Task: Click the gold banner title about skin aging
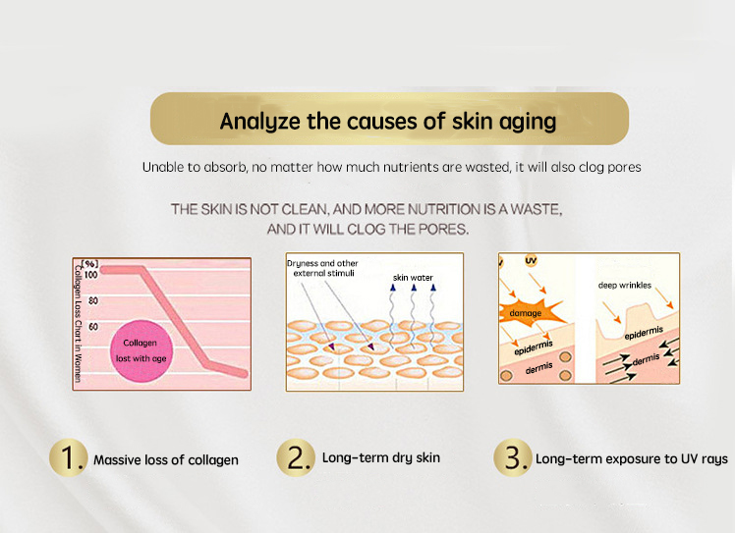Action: pos(388,121)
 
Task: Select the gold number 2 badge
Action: pos(294,458)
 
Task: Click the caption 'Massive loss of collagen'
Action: pos(166,459)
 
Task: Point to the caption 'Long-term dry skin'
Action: pos(381,457)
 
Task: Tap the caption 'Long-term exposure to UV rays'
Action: pos(631,459)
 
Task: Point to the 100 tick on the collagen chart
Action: pos(92,275)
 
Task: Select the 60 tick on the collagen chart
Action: pos(93,326)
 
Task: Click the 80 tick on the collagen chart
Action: pos(93,300)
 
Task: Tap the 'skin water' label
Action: pos(413,278)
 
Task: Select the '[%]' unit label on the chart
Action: pos(90,263)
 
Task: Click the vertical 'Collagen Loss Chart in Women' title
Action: pos(78,324)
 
